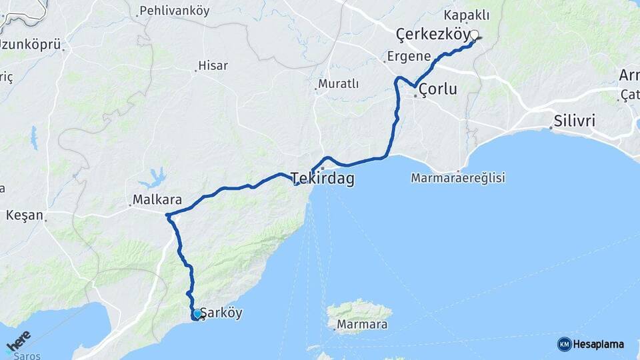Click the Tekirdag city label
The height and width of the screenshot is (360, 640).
click(323, 179)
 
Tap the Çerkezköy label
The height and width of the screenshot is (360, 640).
click(433, 33)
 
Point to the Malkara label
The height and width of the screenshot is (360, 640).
click(153, 199)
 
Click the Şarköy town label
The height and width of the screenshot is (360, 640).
click(221, 313)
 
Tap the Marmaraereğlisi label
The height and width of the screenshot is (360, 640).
click(458, 178)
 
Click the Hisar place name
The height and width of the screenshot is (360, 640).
click(213, 66)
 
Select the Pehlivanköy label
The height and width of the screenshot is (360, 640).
click(173, 11)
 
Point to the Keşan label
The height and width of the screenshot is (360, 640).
click(24, 215)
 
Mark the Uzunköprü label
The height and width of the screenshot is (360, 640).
click(30, 45)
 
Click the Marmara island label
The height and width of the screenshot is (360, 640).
click(362, 325)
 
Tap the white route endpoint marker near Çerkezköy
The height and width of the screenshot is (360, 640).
click(475, 35)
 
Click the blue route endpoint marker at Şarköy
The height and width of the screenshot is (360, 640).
click(197, 313)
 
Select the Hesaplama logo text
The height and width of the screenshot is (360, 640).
click(599, 344)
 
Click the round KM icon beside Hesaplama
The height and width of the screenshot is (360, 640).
click(565, 344)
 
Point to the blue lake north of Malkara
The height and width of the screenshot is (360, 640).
click(155, 178)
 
